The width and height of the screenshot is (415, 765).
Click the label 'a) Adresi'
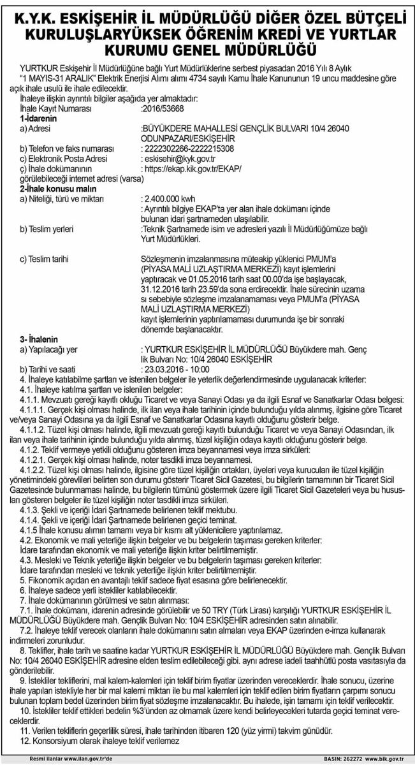pos(35,128)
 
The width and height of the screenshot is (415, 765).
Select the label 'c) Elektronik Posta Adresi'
pos(62,158)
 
